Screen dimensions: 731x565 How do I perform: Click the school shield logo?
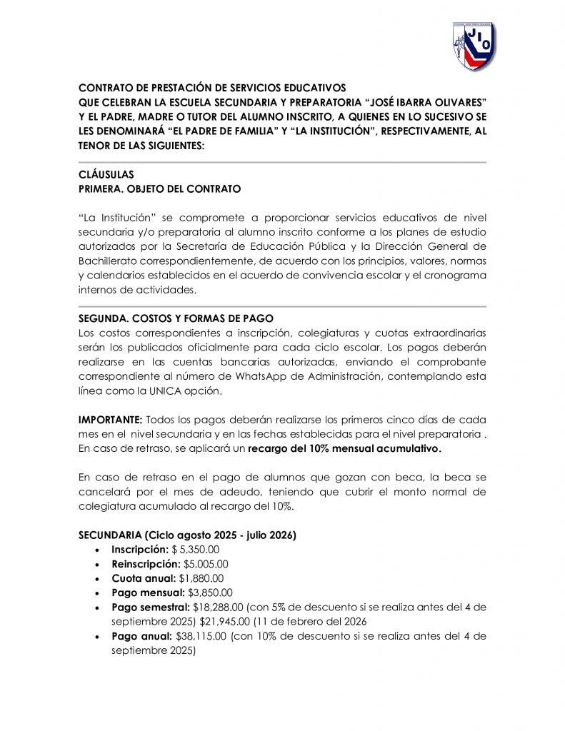tap(474, 46)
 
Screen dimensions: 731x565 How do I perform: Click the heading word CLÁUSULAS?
tap(106, 175)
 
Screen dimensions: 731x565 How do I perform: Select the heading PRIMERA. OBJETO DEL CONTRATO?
tap(159, 189)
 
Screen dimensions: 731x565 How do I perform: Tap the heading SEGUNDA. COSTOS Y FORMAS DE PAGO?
tap(176, 318)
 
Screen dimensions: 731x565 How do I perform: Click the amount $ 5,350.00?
tap(195, 550)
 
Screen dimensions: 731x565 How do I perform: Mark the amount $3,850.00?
tap(210, 593)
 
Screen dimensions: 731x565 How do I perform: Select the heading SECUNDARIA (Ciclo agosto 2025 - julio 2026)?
tap(187, 535)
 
